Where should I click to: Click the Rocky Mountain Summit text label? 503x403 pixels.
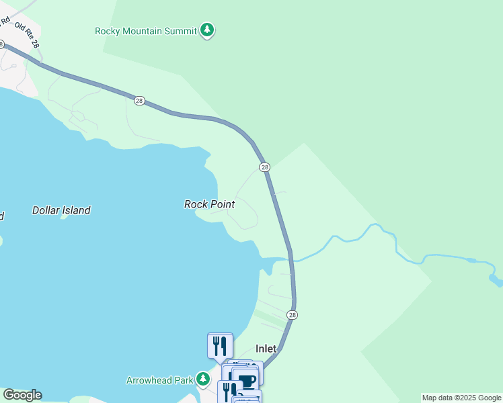[146, 31]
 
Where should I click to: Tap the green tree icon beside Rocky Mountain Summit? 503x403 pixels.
[208, 30]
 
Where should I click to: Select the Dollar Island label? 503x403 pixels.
[61, 210]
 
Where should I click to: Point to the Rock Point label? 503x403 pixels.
[209, 204]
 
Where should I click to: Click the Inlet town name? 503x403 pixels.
[266, 349]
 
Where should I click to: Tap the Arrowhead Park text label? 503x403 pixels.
[159, 380]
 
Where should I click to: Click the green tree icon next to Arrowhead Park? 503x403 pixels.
[202, 380]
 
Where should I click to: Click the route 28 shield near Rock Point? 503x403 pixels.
[264, 167]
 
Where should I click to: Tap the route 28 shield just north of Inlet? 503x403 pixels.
[292, 314]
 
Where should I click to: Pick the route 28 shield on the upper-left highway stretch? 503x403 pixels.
[139, 100]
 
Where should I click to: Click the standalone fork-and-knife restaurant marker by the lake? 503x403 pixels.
[220, 346]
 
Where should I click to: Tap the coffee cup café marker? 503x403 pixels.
[246, 380]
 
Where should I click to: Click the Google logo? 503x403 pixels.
[22, 395]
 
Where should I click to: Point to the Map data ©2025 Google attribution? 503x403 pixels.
[461, 398]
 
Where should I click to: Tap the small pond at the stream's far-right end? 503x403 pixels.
[496, 278]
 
